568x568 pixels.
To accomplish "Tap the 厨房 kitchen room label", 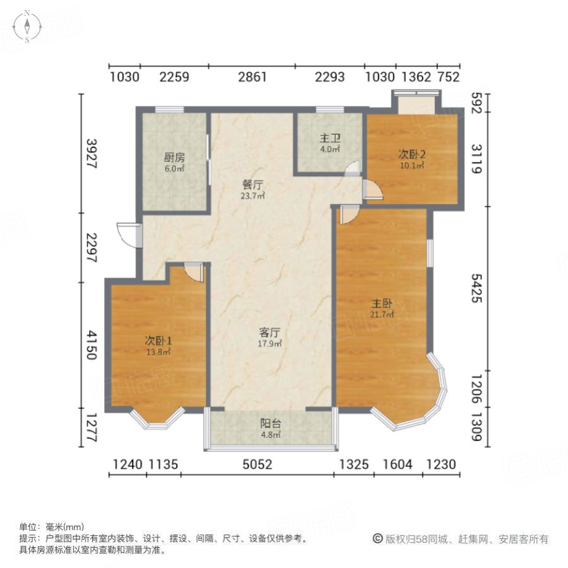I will [x=175, y=158].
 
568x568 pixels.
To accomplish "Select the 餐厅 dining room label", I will [x=252, y=185].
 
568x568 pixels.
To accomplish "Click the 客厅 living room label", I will [x=269, y=333].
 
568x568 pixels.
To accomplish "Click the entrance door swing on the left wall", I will [x=129, y=235].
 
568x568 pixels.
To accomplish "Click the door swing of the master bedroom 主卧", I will [x=348, y=215].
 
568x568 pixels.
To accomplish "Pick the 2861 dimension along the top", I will [x=252, y=78].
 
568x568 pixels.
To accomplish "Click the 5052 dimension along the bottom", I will [x=257, y=465].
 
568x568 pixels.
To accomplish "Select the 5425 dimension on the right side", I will [x=476, y=290].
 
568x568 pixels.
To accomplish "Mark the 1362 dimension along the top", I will [x=416, y=78].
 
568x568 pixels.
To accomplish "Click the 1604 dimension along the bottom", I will [x=397, y=465].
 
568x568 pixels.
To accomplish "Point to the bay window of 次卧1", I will [x=158, y=420].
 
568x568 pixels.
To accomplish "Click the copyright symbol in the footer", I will [x=377, y=539].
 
